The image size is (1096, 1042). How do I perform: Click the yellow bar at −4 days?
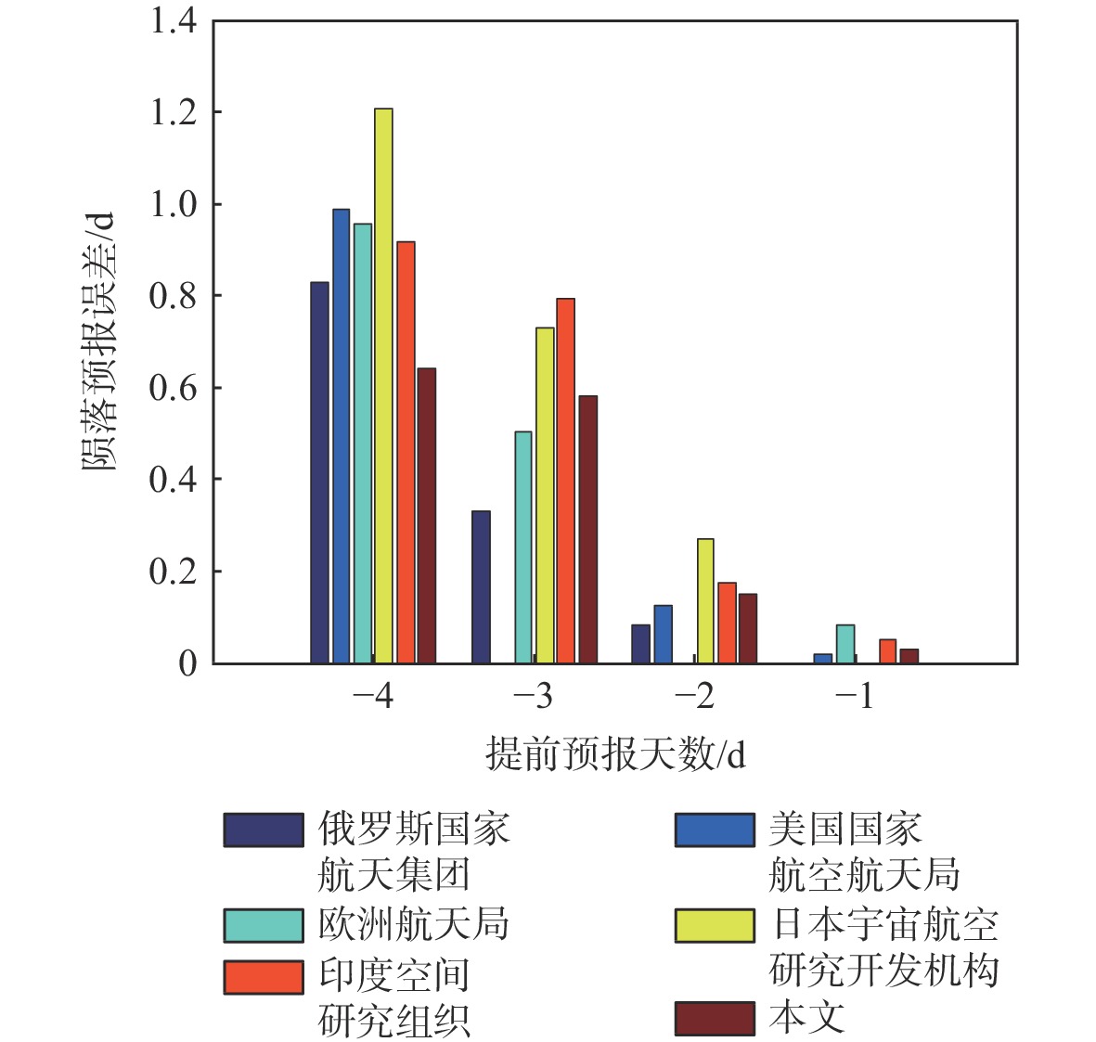[x=383, y=385]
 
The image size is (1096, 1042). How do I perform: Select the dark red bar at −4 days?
[x=426, y=515]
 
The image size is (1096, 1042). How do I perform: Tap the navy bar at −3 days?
[x=481, y=586]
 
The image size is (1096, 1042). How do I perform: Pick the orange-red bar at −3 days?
[x=565, y=481]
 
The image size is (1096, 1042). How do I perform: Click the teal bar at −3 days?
[x=523, y=547]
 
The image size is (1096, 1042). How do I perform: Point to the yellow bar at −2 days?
[x=705, y=600]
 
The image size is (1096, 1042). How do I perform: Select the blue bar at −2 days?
[x=663, y=634]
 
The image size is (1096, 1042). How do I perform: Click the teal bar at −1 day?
[x=845, y=644]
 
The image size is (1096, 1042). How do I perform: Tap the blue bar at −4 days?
[x=342, y=435]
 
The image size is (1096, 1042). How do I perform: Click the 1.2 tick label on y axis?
[x=174, y=112]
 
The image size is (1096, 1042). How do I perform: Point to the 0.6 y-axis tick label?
[x=174, y=388]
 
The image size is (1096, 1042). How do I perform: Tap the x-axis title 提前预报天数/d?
[x=615, y=754]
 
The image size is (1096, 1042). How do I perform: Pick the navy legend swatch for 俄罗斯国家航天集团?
[x=264, y=830]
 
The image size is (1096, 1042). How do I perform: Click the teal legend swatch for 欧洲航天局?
[x=264, y=925]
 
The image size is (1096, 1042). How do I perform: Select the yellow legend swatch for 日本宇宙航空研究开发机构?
[x=715, y=925]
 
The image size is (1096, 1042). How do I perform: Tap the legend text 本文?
[x=806, y=1018]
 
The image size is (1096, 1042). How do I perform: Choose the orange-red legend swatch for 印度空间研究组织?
[x=264, y=976]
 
